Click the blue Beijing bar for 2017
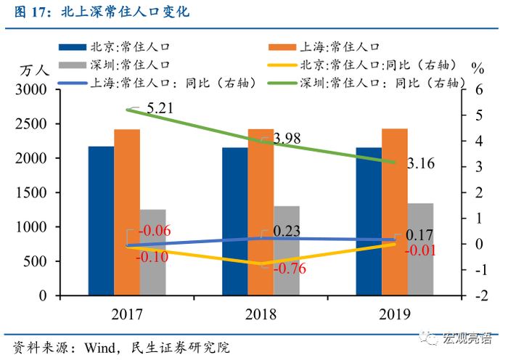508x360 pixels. pyautogui.click(x=101, y=221)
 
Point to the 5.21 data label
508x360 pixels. pyautogui.click(x=160, y=110)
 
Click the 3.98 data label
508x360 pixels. pyautogui.click(x=285, y=138)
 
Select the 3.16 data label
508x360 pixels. pyautogui.click(x=421, y=164)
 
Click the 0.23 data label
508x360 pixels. pyautogui.click(x=286, y=230)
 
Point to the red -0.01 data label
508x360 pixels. pyautogui.click(x=419, y=250)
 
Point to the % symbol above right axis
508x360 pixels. pyautogui.click(x=477, y=69)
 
